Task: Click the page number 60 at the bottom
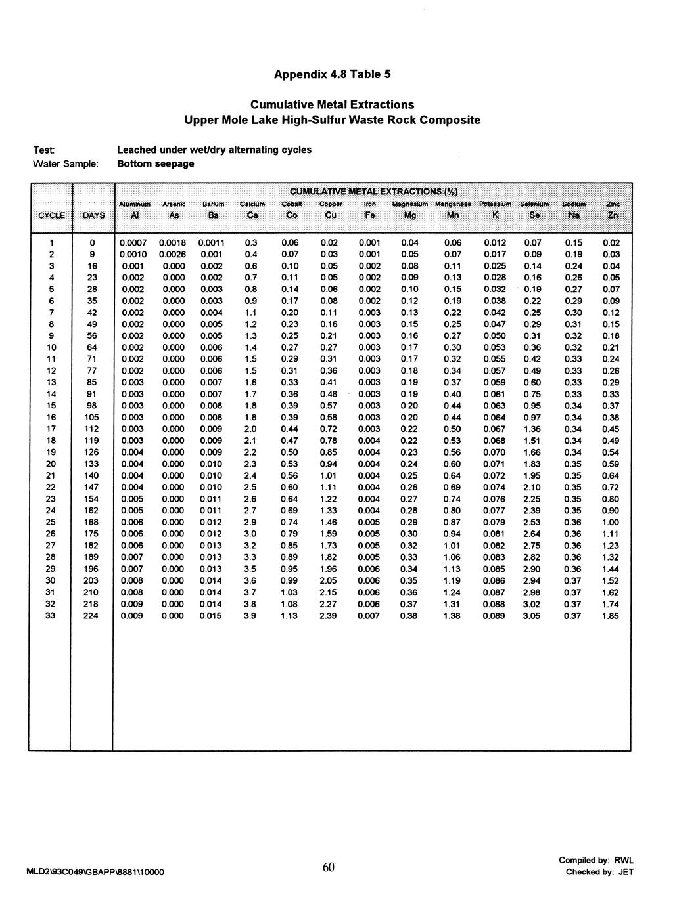[x=329, y=867]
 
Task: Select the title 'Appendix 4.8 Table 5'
[x=332, y=74]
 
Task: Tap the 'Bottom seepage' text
[x=155, y=163]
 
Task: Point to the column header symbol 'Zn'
[x=612, y=215]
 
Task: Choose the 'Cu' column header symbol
[x=328, y=215]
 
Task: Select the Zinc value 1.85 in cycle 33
[x=611, y=616]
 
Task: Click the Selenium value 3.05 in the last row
[x=532, y=616]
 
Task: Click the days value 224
[x=91, y=616]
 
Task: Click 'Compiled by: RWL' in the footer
[x=597, y=860]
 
